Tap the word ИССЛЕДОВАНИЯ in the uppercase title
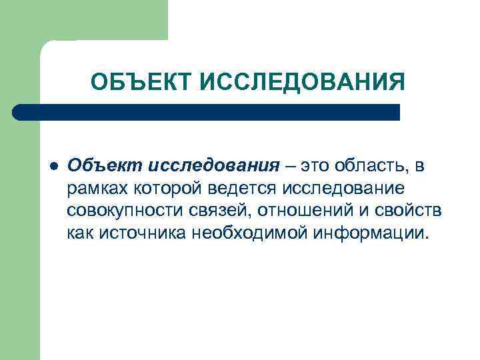(x=302, y=83)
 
